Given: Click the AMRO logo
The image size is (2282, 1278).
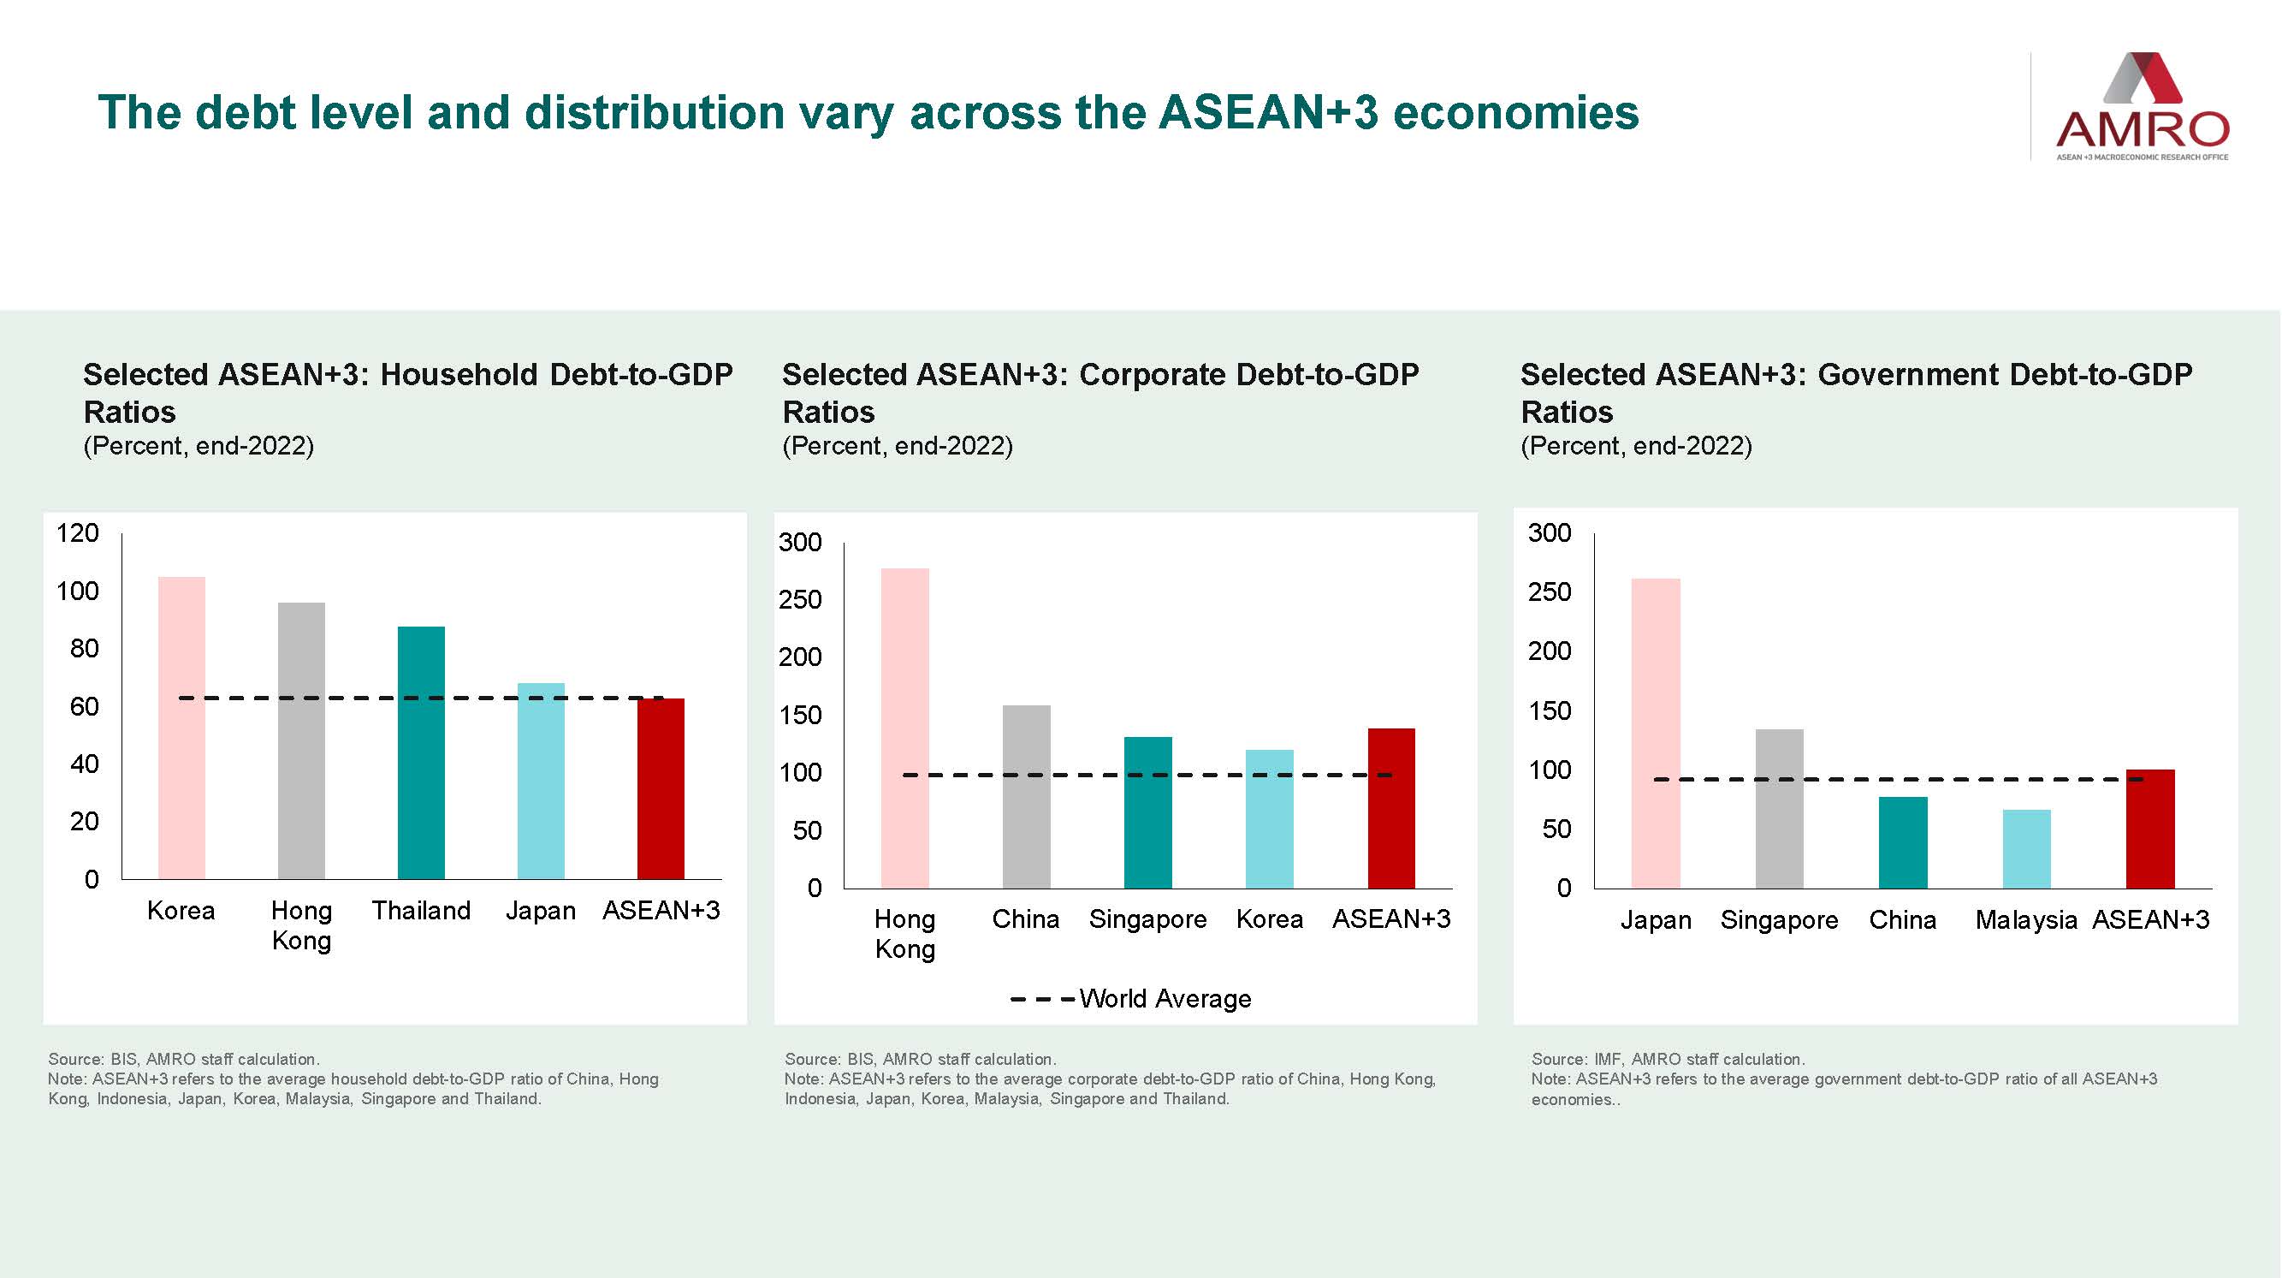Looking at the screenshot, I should coord(2142,106).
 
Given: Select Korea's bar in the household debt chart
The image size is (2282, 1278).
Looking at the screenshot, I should coord(181,727).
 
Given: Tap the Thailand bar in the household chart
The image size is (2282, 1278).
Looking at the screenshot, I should coord(421,753).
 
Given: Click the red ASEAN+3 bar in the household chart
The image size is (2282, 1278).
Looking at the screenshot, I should coord(661,788).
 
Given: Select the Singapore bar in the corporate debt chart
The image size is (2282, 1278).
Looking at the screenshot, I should coord(1147,811).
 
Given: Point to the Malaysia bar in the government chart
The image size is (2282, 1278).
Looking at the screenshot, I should coord(2026,848).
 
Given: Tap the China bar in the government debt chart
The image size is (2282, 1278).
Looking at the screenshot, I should coord(1903,842).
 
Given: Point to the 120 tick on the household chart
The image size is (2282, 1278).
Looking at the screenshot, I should coord(78,532).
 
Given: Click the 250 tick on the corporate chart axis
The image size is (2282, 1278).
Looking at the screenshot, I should coord(800,600).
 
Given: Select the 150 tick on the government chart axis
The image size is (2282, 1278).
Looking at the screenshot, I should coord(1550,710).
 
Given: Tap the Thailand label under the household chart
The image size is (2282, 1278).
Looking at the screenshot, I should coord(421,910).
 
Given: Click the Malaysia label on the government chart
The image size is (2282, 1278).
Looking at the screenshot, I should coord(2026,920).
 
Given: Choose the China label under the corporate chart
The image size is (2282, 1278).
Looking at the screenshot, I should coord(1025,919).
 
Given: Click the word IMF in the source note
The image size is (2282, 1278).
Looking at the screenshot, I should coord(1608,1059).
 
